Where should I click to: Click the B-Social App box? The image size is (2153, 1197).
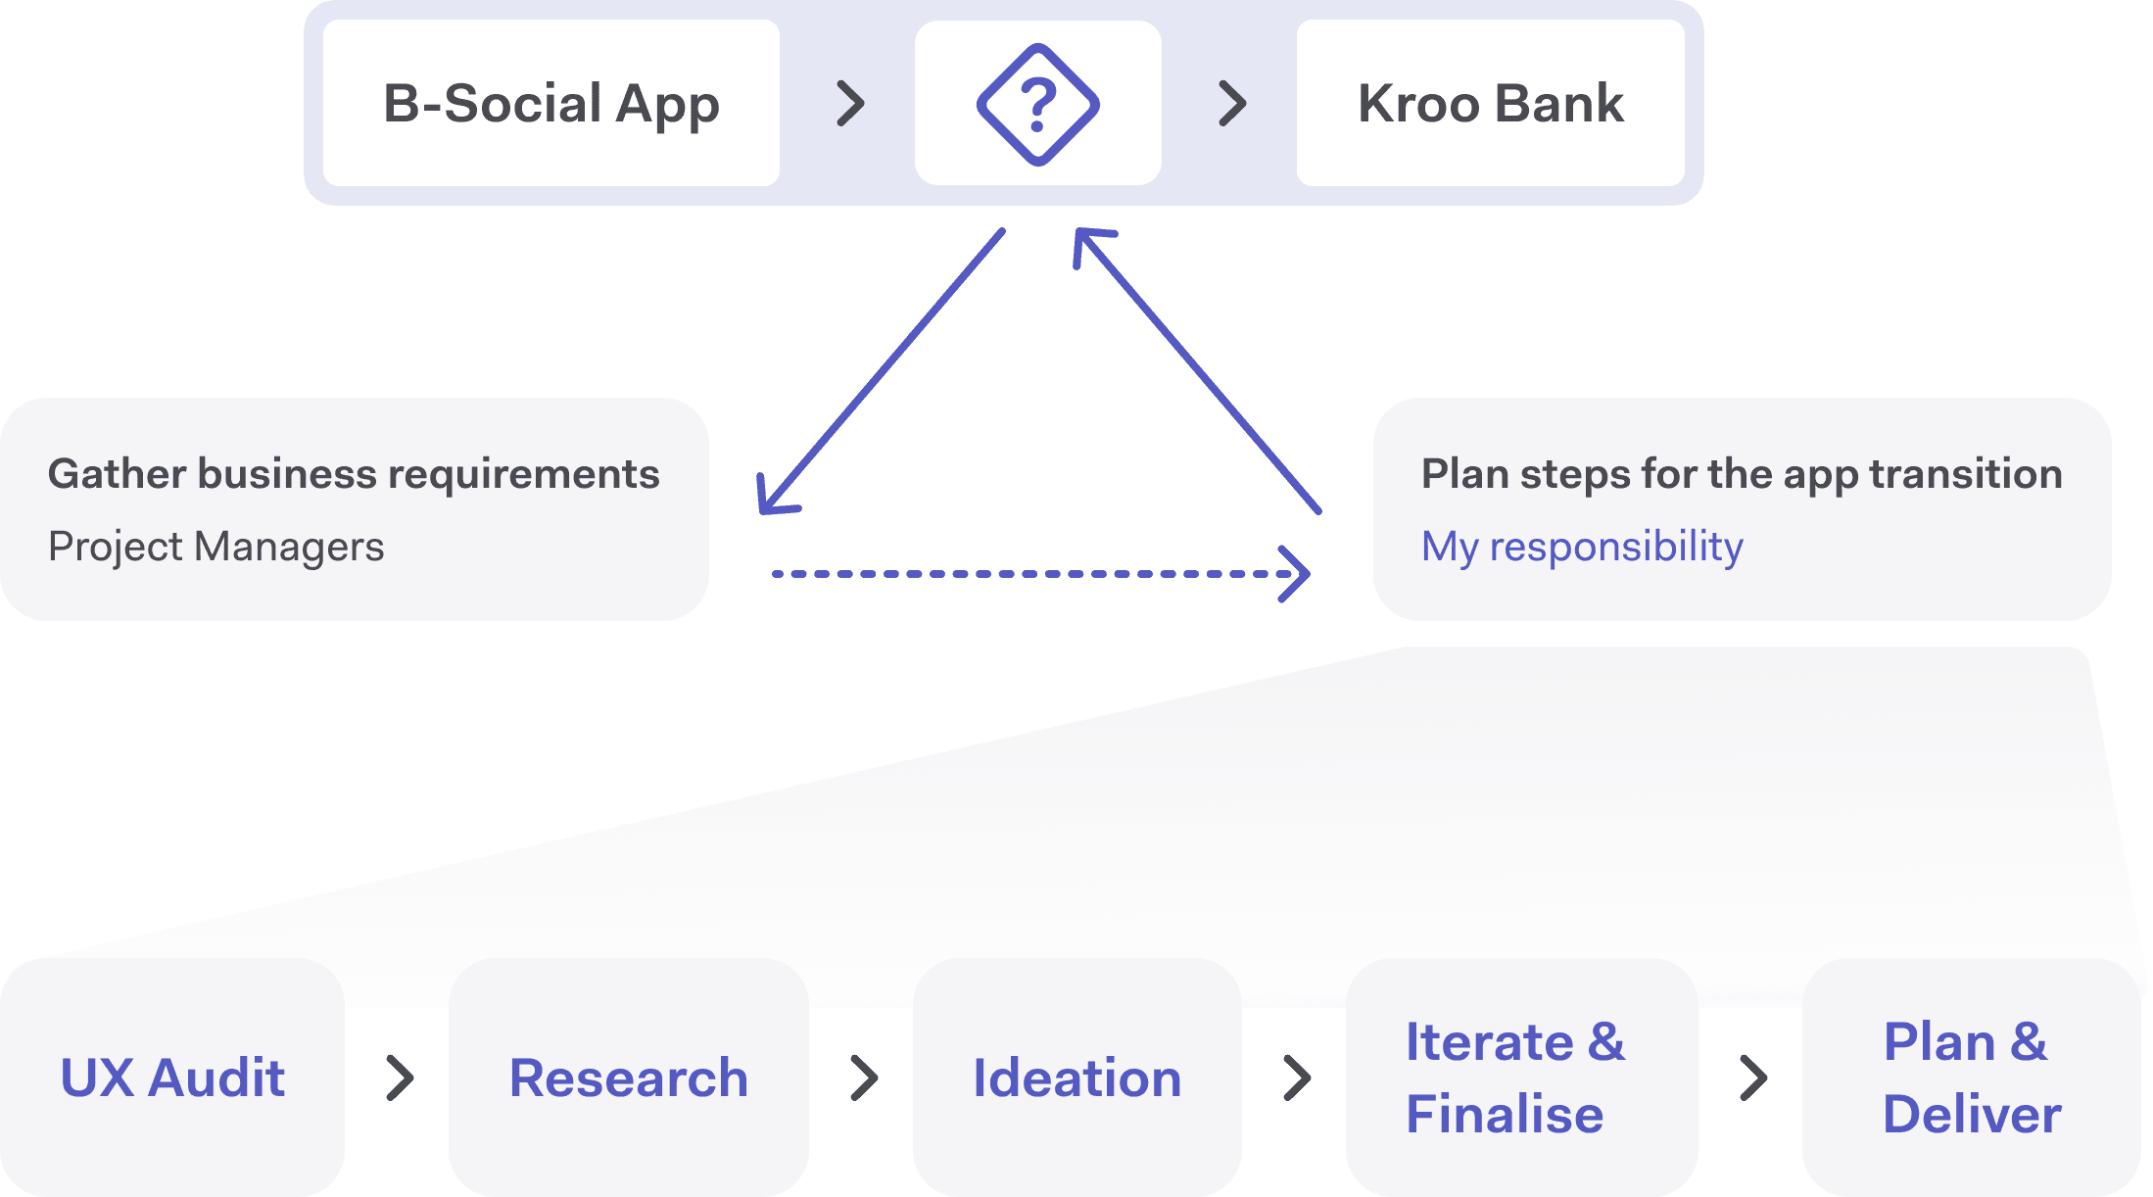pos(550,103)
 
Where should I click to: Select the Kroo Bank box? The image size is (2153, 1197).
pos(1490,103)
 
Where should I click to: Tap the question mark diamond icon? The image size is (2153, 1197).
pos(1037,104)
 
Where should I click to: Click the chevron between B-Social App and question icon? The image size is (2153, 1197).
pos(850,104)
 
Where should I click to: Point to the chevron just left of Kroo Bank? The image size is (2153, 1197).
pos(1232,104)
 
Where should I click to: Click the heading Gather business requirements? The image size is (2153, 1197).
pos(354,474)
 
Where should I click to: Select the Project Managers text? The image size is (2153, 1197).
pos(215,547)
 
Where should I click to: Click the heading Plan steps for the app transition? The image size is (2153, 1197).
pos(1741,474)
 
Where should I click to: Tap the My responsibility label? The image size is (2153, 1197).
pos(1581,547)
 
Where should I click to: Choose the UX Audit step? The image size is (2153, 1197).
pos(172,1078)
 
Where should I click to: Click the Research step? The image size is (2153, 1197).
pos(628,1078)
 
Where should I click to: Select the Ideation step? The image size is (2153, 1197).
pos(1076,1078)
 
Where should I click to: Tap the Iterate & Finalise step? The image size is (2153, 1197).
pos(1514,1078)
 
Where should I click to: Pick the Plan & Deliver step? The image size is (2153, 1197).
pos(1971,1078)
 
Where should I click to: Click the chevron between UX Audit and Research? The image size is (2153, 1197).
pos(399,1078)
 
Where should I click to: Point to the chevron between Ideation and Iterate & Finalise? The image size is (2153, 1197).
pos(1297,1078)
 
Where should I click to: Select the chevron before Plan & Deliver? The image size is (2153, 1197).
pos(1753,1078)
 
